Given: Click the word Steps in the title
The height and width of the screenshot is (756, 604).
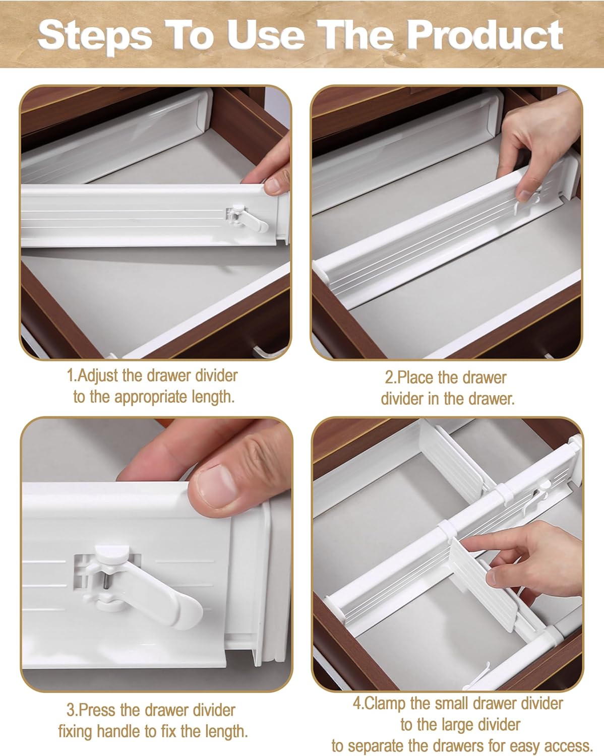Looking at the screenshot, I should pyautogui.click(x=95, y=35).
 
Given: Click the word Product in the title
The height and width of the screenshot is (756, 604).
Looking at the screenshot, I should pyautogui.click(x=485, y=35).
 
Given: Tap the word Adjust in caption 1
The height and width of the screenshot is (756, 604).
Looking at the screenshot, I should pyautogui.click(x=98, y=375).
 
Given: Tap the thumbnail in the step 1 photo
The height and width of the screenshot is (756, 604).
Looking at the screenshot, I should pyautogui.click(x=275, y=185).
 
